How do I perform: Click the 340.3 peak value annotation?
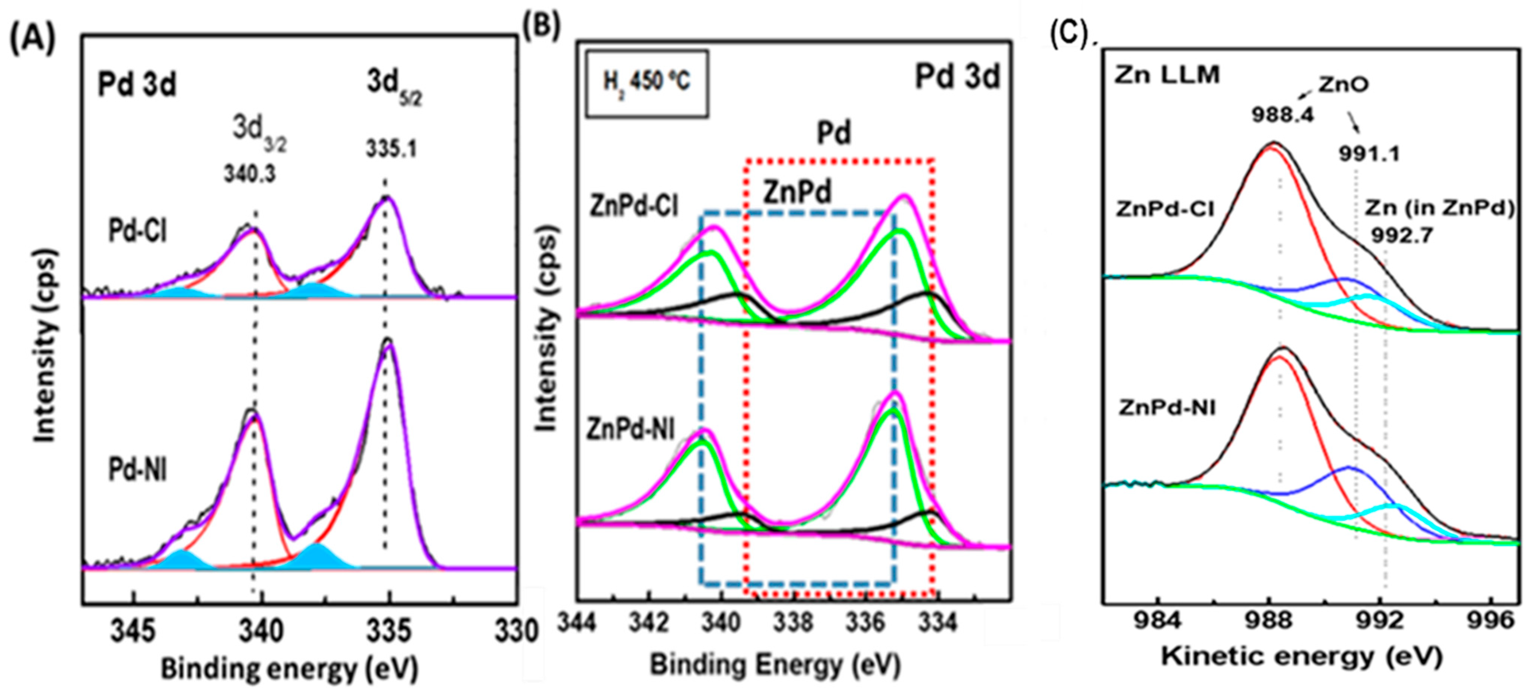coord(249,174)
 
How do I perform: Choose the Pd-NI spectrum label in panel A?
coord(137,470)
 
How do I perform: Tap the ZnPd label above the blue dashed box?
coord(797,192)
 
